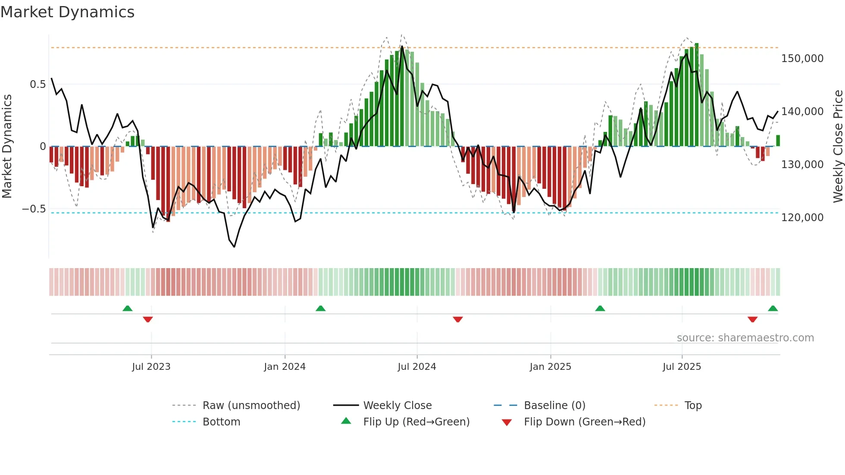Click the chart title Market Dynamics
(67, 12)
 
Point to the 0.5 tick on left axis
(38, 84)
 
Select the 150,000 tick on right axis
(802, 59)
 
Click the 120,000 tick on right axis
(802, 218)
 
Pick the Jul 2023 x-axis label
(151, 367)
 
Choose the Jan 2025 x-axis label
(550, 367)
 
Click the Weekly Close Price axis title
(838, 147)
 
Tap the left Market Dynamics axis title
(7, 147)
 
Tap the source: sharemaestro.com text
(745, 338)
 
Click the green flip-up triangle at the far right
(773, 309)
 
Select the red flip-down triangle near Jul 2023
(148, 319)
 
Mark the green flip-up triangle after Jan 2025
(600, 309)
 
